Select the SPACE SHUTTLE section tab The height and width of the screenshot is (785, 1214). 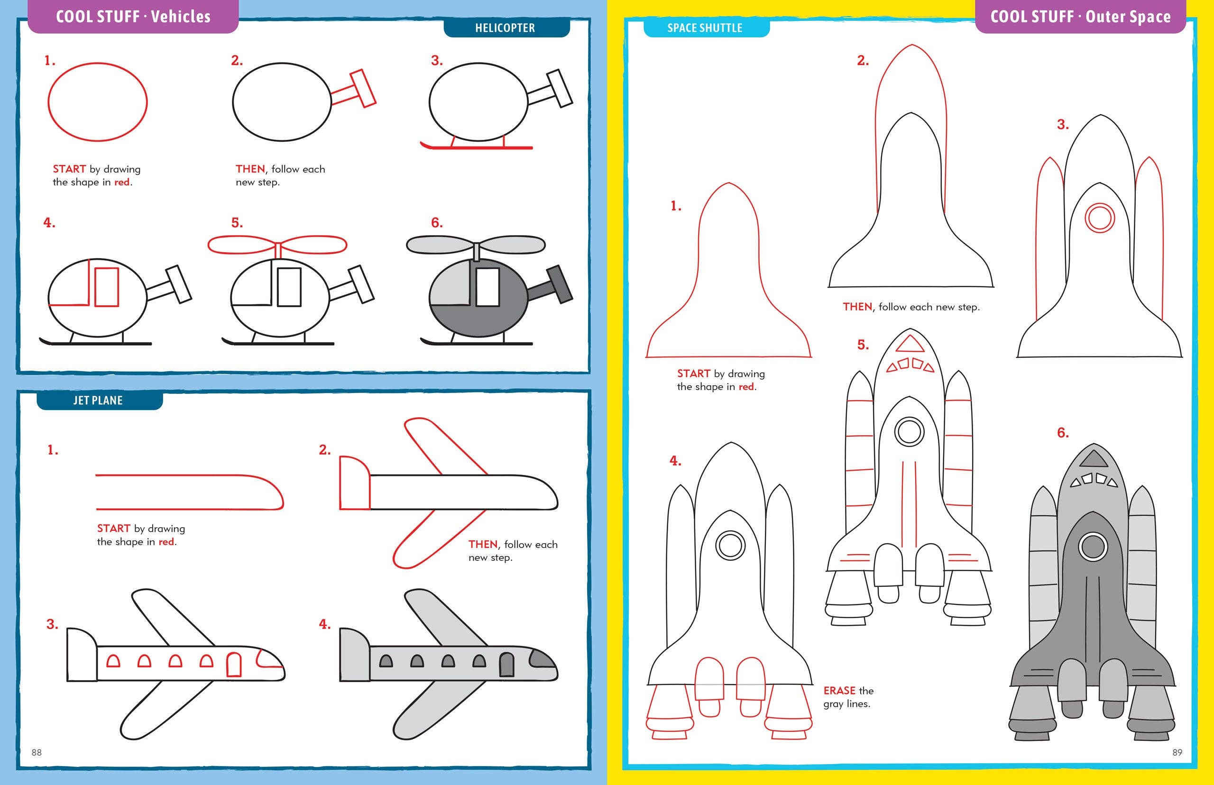pyautogui.click(x=705, y=28)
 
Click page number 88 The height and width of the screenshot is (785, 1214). pyautogui.click(x=37, y=752)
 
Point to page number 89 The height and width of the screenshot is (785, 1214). pyautogui.click(x=1177, y=752)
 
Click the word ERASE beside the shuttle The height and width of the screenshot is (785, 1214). pyautogui.click(x=839, y=691)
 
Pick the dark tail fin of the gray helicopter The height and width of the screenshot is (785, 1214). pyautogui.click(x=561, y=284)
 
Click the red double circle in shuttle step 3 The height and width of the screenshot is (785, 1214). pyautogui.click(x=1100, y=219)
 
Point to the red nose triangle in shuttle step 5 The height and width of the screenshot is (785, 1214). pyautogui.click(x=910, y=344)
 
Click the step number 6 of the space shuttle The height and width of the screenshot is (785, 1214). pyautogui.click(x=1063, y=433)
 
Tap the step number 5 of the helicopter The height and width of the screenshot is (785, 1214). pyautogui.click(x=237, y=223)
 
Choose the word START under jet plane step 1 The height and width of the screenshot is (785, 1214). pyautogui.click(x=114, y=529)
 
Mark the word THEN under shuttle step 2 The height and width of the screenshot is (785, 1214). pyautogui.click(x=857, y=307)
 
